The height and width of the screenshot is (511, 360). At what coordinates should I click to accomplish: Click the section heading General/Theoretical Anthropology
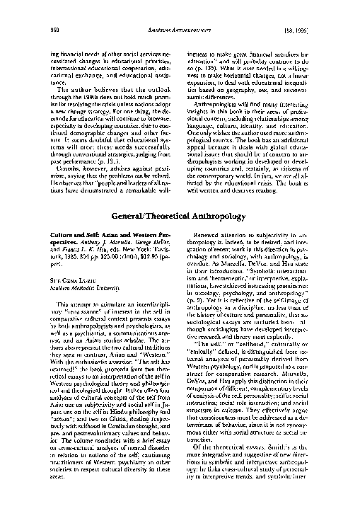180,214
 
